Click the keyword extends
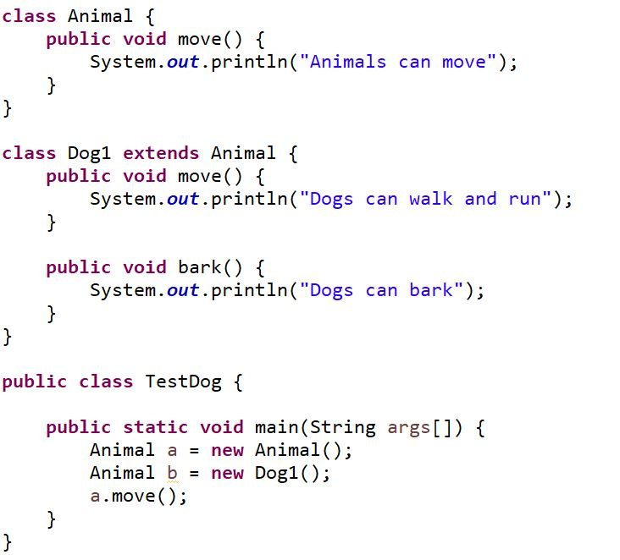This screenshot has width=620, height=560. pos(161,153)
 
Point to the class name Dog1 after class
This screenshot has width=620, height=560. pos(91,153)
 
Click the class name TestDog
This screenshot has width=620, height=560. pos(183,382)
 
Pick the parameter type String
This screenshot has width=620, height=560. pos(343,427)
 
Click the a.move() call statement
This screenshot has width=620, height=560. pos(139,496)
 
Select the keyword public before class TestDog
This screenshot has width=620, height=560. pos(34,382)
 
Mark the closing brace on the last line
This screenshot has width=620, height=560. pos(8,541)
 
